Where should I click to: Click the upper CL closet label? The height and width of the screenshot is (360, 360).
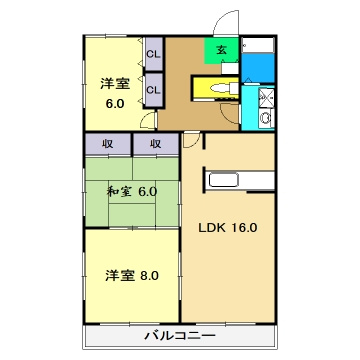(x=154, y=54)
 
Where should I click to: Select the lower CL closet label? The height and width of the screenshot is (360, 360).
(x=154, y=90)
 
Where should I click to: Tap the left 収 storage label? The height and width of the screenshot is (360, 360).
(x=108, y=144)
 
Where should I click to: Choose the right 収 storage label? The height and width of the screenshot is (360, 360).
(x=156, y=144)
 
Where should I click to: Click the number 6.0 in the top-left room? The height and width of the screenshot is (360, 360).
(x=113, y=104)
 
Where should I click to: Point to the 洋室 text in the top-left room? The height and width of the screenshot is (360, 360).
(x=113, y=84)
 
